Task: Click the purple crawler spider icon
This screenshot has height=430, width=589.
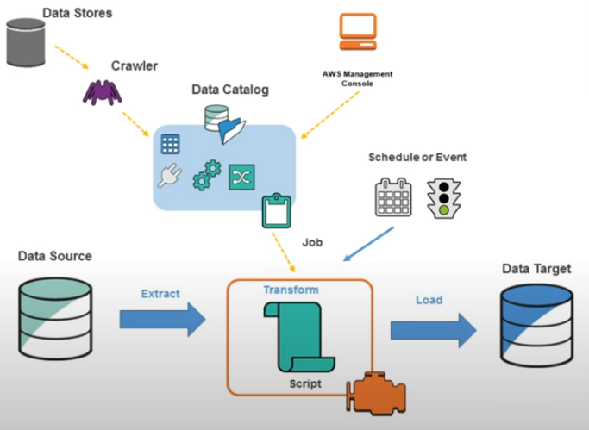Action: tap(102, 89)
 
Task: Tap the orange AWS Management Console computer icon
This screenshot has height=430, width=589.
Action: tap(355, 34)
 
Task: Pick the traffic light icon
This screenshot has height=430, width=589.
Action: tap(443, 197)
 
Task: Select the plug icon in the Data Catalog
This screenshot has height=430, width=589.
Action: tap(168, 177)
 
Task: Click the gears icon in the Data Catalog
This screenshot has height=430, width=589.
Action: tap(206, 174)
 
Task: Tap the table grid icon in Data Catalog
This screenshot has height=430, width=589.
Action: tap(171, 144)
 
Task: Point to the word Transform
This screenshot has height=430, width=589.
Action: tap(291, 290)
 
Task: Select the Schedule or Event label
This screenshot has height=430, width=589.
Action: tap(417, 157)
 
